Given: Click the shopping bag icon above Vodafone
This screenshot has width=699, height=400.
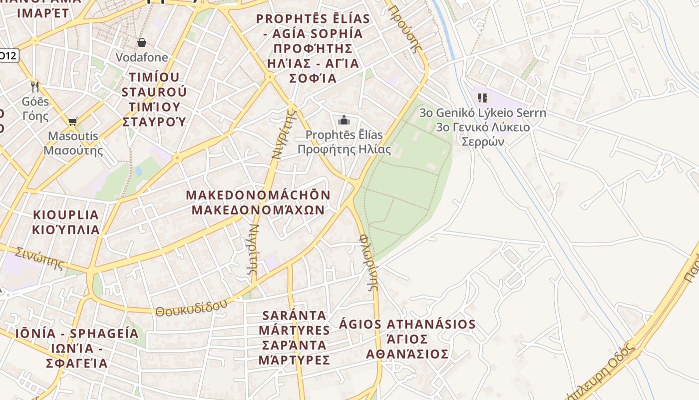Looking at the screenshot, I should pos(141,42).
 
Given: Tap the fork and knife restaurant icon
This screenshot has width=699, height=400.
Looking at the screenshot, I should pos(35,86).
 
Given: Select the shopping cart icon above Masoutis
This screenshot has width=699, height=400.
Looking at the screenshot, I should pos(73,121).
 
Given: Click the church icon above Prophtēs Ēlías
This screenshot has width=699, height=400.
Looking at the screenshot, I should pos(344,120).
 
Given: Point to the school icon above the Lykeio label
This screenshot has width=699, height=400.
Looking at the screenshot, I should pos(482,97).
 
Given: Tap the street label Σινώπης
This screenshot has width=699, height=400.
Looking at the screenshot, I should pos(39,257).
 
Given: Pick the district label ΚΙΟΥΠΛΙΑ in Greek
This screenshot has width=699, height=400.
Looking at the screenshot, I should pos(66,230).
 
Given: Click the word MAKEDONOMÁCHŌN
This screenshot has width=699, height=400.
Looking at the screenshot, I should pos(258,195).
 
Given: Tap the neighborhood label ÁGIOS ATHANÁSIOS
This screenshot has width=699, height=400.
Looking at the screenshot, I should pos(407,324).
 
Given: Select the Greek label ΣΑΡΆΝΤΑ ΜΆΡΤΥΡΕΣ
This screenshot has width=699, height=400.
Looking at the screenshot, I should pos(294,352).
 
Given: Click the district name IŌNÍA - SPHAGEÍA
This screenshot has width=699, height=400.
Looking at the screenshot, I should pos(77,333).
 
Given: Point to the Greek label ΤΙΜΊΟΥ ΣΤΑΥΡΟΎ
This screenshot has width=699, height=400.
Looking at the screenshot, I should pos(154,114).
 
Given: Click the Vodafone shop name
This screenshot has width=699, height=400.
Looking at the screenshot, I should pos(142,57).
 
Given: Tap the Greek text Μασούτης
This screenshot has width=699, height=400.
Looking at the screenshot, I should pos(73,150).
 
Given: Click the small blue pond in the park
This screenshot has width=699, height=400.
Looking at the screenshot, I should pos(138,171).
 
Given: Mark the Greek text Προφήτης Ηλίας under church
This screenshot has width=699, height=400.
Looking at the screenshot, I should pos(345,149).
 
